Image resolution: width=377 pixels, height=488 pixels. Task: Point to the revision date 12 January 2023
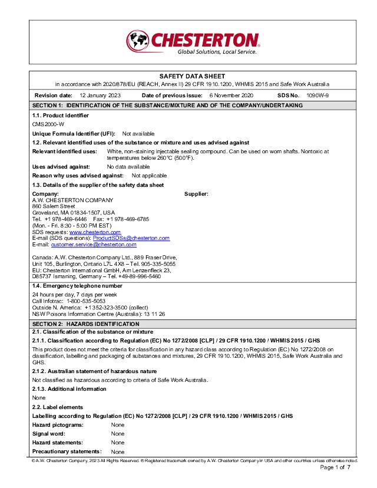(x=100, y=95)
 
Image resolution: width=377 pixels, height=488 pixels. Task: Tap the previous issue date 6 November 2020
(x=231, y=95)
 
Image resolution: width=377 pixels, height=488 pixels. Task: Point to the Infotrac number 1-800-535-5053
(x=86, y=300)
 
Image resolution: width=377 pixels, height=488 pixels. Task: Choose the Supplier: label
(x=196, y=194)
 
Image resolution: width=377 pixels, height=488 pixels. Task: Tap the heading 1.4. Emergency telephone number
(x=77, y=285)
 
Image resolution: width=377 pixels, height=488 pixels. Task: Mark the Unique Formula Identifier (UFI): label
(x=74, y=134)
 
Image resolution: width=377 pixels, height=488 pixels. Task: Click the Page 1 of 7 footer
(x=335, y=467)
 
